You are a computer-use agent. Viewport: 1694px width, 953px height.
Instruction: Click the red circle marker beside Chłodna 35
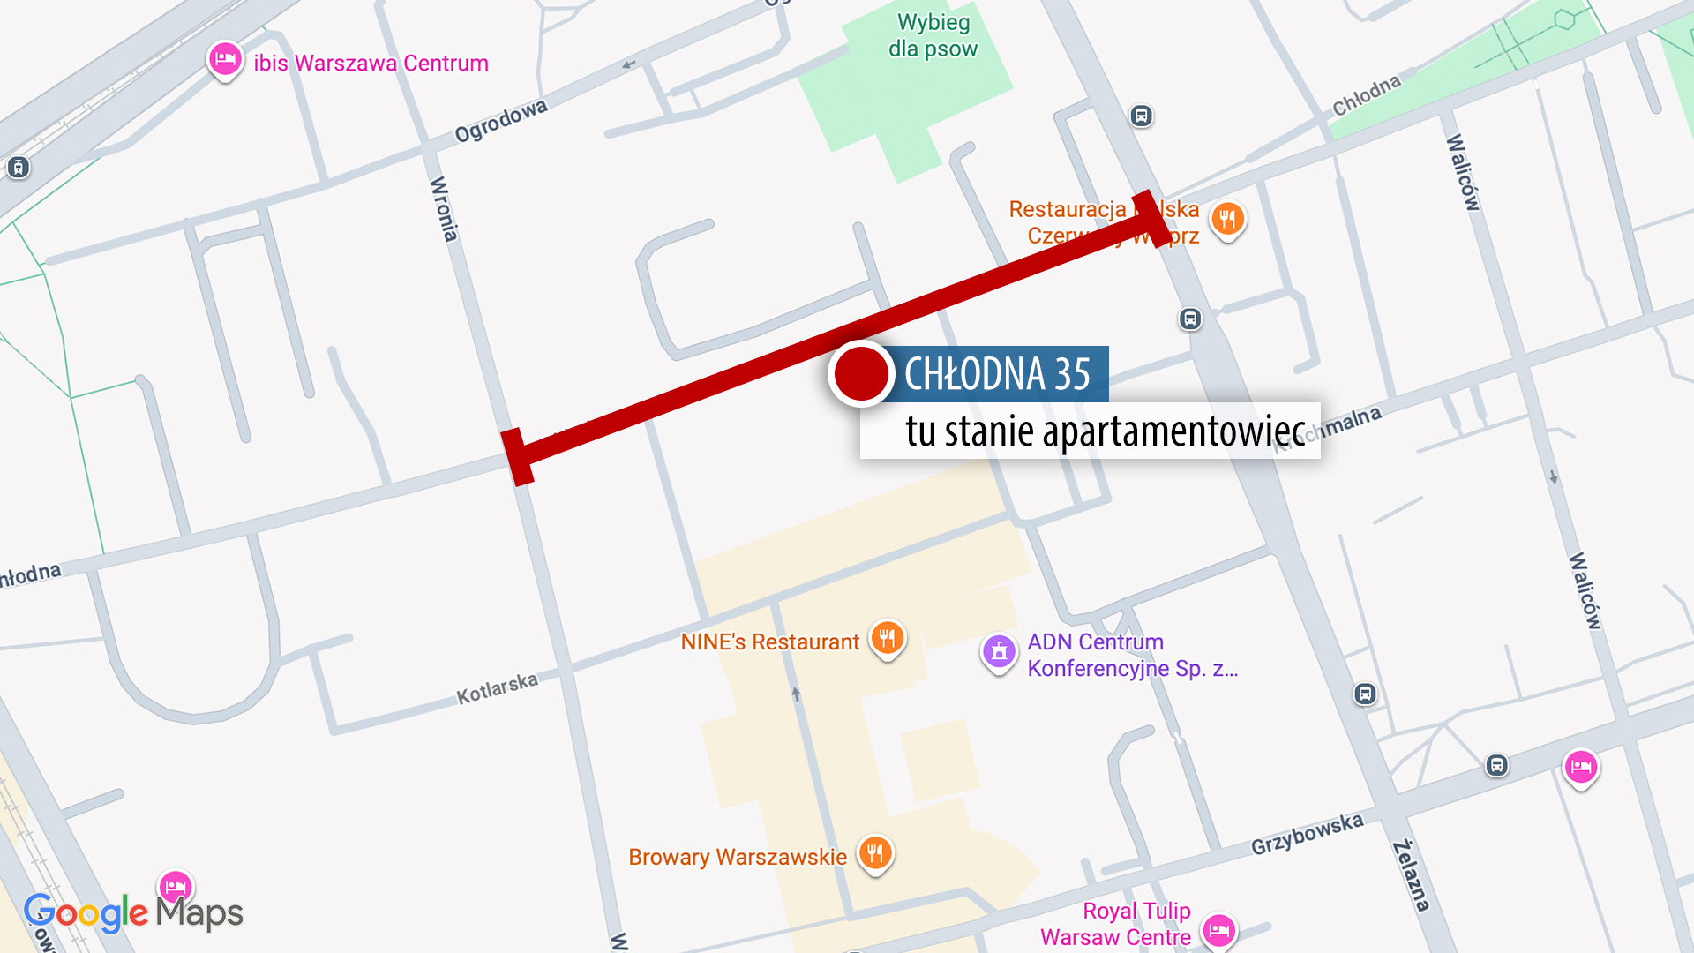(861, 373)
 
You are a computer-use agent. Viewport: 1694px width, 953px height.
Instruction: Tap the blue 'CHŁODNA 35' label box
(999, 374)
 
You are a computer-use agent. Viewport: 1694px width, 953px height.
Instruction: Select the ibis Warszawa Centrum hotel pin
(225, 60)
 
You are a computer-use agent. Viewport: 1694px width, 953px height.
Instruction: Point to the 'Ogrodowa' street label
(500, 121)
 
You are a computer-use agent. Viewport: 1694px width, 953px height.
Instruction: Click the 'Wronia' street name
(443, 209)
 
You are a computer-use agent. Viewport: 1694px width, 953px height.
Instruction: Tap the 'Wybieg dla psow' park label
(933, 35)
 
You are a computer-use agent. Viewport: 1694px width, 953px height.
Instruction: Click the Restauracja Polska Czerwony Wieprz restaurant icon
(1227, 218)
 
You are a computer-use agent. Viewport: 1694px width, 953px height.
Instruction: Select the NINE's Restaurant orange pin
(888, 638)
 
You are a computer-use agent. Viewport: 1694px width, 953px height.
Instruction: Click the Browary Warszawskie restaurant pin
(875, 853)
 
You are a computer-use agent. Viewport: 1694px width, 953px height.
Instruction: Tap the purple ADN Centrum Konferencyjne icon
(999, 653)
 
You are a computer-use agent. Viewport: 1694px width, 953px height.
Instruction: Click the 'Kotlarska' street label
(497, 689)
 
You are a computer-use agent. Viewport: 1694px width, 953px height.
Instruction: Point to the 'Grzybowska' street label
(1307, 834)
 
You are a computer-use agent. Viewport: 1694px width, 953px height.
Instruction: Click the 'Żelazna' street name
(1411, 875)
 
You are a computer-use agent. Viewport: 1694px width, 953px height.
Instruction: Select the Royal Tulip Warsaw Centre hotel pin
(1219, 929)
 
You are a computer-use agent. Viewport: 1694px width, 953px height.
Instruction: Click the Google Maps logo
(132, 913)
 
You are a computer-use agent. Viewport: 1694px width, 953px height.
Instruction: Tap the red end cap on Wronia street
(518, 457)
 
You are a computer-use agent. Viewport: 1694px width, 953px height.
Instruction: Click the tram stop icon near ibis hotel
(18, 167)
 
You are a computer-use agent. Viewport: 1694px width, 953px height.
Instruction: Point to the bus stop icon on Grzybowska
(1496, 765)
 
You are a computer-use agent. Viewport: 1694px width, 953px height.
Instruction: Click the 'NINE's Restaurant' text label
(769, 642)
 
